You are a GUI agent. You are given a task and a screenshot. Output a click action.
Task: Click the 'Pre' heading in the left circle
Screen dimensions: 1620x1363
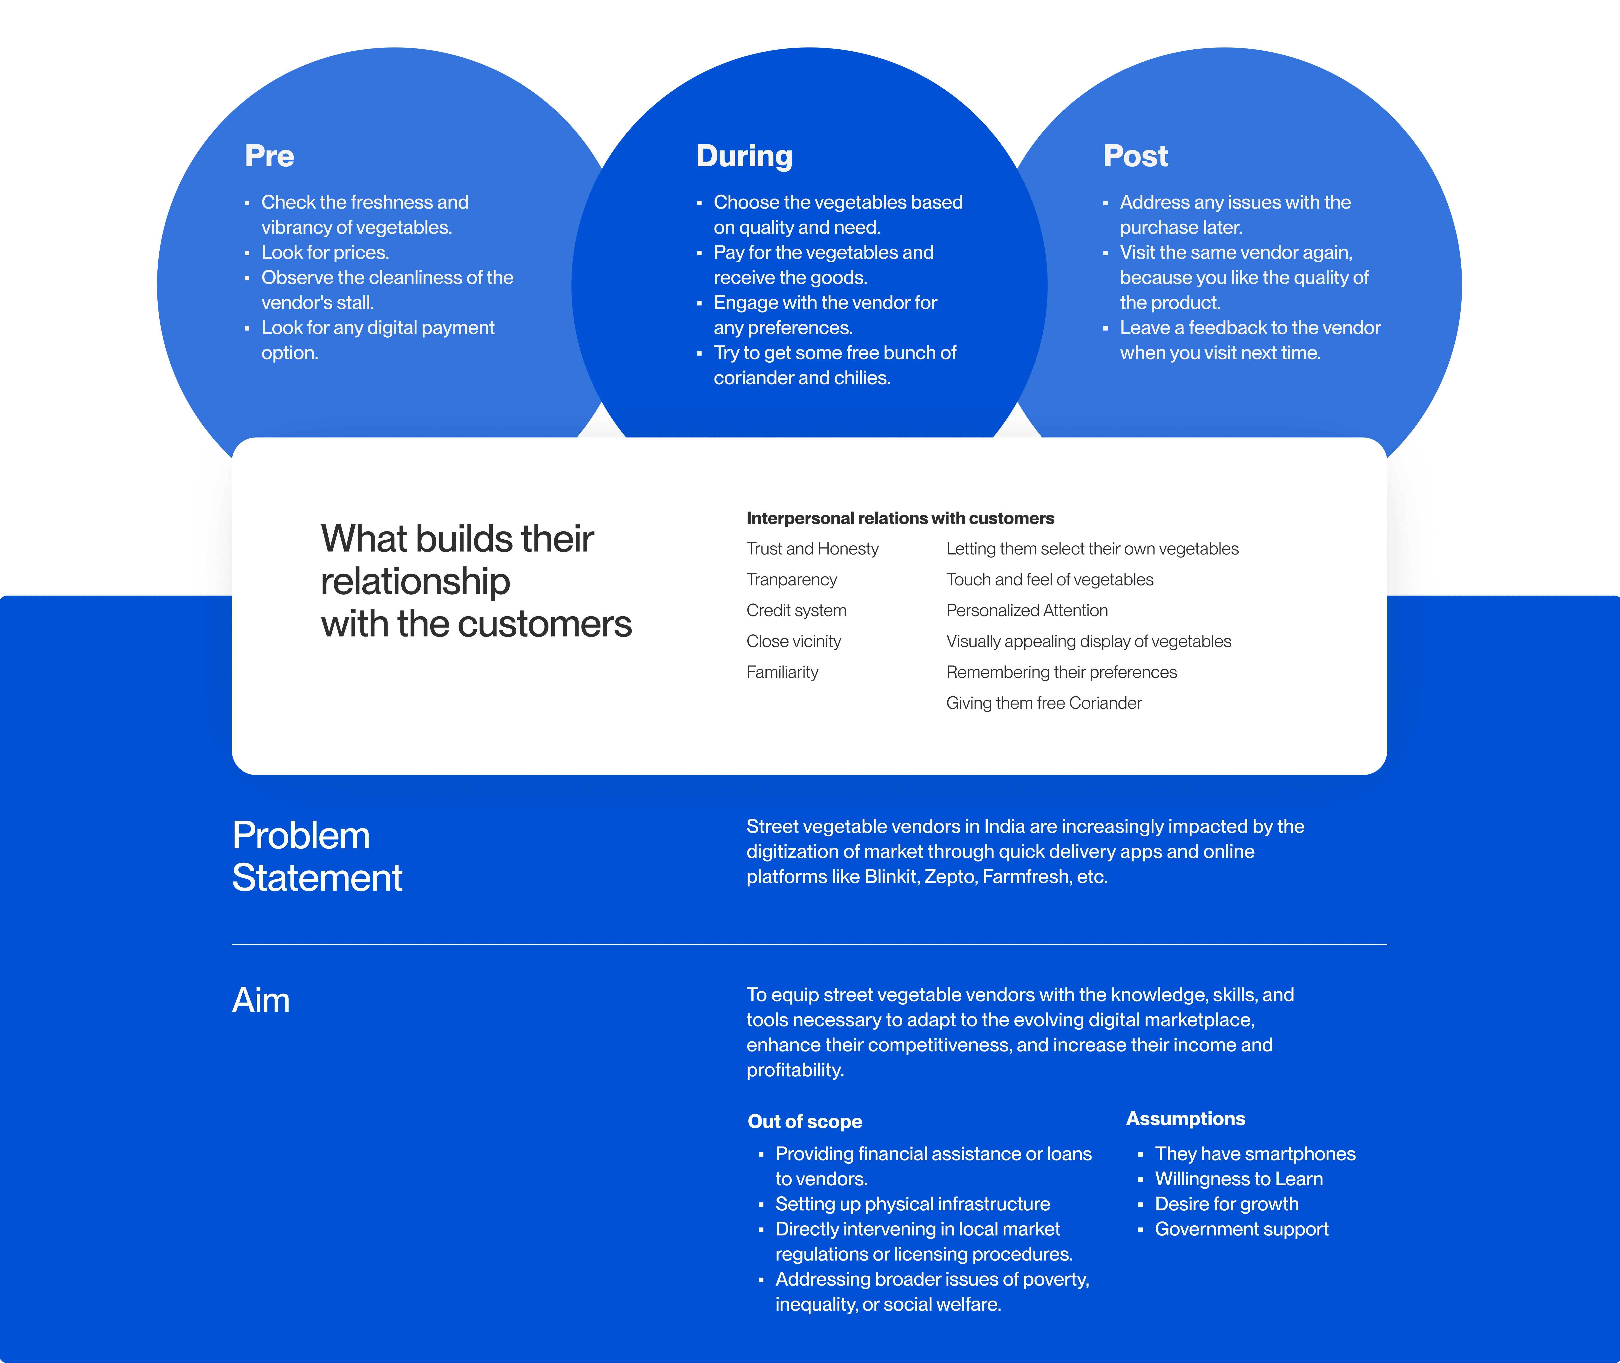[270, 156]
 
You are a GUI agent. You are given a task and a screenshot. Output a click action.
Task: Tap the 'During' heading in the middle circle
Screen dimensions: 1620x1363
[744, 156]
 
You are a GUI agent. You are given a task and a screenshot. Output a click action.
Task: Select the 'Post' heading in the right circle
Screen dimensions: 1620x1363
[1136, 156]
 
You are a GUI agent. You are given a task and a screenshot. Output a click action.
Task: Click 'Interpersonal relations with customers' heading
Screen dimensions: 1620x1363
[900, 518]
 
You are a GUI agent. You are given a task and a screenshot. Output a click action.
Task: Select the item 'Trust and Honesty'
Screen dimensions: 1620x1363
[812, 549]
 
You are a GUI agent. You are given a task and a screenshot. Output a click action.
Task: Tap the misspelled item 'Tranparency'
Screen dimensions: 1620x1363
[791, 579]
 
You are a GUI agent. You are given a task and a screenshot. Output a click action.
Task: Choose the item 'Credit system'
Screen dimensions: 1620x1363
[796, 610]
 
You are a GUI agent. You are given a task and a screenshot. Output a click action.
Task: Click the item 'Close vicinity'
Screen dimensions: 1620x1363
[793, 641]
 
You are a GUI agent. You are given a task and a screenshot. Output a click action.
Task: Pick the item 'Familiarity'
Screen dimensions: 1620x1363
[782, 672]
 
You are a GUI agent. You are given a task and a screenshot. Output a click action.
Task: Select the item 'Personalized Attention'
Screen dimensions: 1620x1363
[1027, 610]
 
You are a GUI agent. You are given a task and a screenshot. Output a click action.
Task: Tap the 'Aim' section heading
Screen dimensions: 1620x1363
[261, 1001]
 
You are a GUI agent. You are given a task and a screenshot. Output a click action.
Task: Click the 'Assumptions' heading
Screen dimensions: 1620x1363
[1185, 1119]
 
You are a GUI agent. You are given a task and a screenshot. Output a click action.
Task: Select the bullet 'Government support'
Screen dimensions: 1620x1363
[1241, 1229]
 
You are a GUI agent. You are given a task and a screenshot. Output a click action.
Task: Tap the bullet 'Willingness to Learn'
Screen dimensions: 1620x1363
[1238, 1179]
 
